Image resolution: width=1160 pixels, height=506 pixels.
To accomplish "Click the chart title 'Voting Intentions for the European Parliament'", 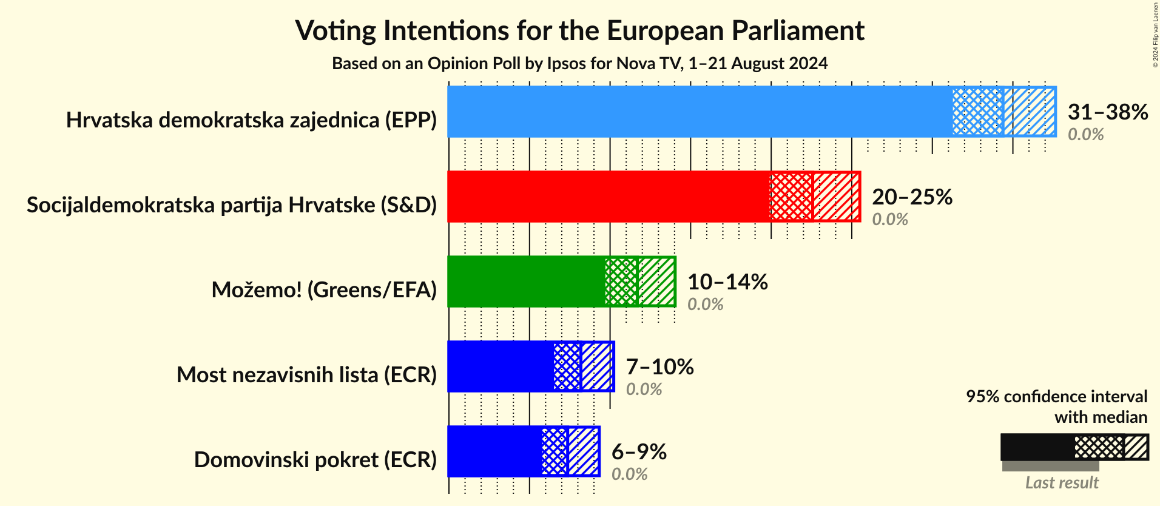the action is point(579,31).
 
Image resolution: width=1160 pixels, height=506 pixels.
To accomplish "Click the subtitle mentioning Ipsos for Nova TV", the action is point(579,64).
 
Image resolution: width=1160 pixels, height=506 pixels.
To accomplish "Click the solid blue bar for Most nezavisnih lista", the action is point(501,366).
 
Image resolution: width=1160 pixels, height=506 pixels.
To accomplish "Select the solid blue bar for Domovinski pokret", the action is point(494,451).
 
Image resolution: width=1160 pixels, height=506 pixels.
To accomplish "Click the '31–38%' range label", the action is point(1107,112).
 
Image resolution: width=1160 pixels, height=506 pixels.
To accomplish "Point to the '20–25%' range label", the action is point(912,197).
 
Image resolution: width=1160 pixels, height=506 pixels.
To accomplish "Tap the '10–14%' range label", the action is point(727,282).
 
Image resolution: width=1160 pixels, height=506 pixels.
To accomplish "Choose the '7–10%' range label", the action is point(659,366).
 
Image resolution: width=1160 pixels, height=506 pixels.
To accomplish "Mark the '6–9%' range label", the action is point(639,451).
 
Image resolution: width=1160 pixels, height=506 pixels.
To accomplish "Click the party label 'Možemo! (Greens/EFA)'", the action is point(324,290).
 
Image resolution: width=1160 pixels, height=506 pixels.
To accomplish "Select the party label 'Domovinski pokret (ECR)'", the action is point(315,460).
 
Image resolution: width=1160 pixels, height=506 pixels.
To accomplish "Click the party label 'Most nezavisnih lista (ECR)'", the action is point(306,375).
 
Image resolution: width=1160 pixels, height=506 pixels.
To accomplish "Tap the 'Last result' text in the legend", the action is point(1061,483).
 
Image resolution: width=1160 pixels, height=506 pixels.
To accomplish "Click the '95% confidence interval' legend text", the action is point(1056,397).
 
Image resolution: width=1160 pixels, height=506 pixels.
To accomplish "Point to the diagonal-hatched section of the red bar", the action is point(836,197).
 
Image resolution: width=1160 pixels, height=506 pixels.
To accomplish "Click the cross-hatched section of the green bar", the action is point(621,282).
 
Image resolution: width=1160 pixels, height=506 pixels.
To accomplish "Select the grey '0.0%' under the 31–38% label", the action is point(1085,134).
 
